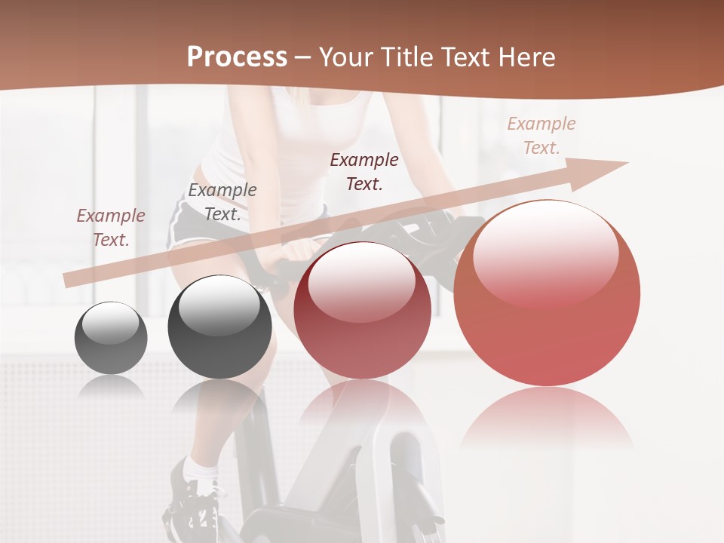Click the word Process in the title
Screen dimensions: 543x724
237,57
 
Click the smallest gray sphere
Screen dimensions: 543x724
111,338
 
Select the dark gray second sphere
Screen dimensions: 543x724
219,327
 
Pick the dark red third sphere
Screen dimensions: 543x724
362,311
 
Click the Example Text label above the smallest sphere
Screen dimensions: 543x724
111,228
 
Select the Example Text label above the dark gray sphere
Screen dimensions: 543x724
222,202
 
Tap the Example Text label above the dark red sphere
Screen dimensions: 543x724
364,171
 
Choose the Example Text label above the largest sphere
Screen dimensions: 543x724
541,136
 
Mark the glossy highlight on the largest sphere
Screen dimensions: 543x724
546,253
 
